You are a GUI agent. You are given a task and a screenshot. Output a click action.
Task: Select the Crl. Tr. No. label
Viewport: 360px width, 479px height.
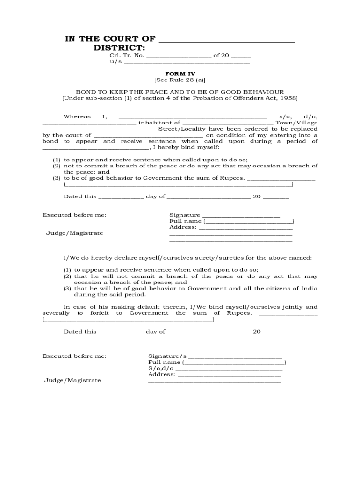127,55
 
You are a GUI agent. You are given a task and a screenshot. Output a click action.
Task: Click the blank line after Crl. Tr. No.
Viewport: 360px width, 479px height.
179,56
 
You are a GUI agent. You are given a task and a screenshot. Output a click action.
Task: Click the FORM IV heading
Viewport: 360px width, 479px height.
180,73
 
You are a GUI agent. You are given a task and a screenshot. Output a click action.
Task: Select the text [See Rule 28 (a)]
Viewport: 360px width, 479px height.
180,80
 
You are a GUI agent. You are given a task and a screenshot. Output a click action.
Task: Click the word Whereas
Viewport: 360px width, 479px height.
77,116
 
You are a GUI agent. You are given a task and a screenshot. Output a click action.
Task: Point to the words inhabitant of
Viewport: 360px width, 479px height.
159,123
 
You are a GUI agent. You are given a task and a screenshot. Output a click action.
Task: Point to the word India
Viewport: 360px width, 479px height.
309,289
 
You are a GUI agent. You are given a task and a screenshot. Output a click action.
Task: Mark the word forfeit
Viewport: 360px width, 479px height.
99,313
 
